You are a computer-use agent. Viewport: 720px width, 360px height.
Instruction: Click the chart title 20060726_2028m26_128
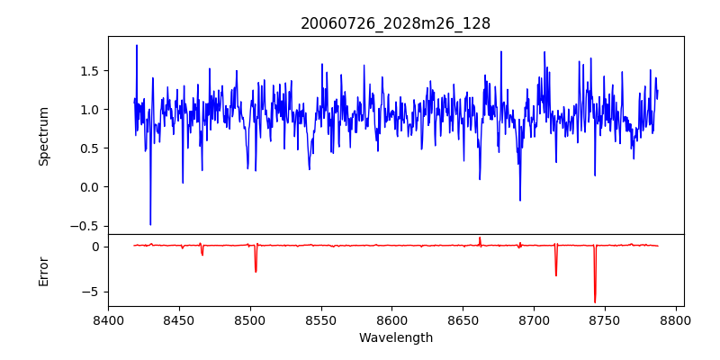pos(395,23)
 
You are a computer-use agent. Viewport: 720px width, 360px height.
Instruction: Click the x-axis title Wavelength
pos(395,337)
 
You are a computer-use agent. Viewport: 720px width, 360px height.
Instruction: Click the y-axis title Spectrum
pos(43,136)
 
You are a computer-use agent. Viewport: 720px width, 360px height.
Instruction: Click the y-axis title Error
pos(43,271)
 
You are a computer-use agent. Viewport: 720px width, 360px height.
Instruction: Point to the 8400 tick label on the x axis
pos(108,320)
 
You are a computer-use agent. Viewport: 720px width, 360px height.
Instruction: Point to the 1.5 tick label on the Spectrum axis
pos(89,71)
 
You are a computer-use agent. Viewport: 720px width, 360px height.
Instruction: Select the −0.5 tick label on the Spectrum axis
pos(85,226)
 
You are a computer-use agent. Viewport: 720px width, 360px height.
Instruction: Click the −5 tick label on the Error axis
pos(93,292)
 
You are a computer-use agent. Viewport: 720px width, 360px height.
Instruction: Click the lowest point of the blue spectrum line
pos(150,225)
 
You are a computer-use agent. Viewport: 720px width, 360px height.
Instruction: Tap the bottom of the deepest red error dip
pos(595,302)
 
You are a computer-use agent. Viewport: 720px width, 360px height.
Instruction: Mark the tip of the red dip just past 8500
pos(256,272)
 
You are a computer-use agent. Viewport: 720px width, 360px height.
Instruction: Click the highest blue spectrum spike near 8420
pos(137,45)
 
